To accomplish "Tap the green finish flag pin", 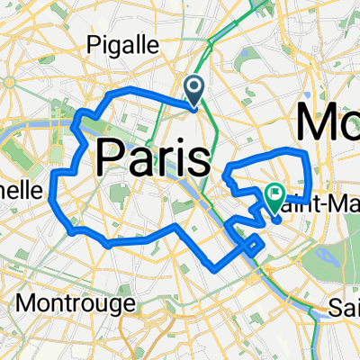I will [274, 196].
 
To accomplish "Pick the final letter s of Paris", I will [199, 159].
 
